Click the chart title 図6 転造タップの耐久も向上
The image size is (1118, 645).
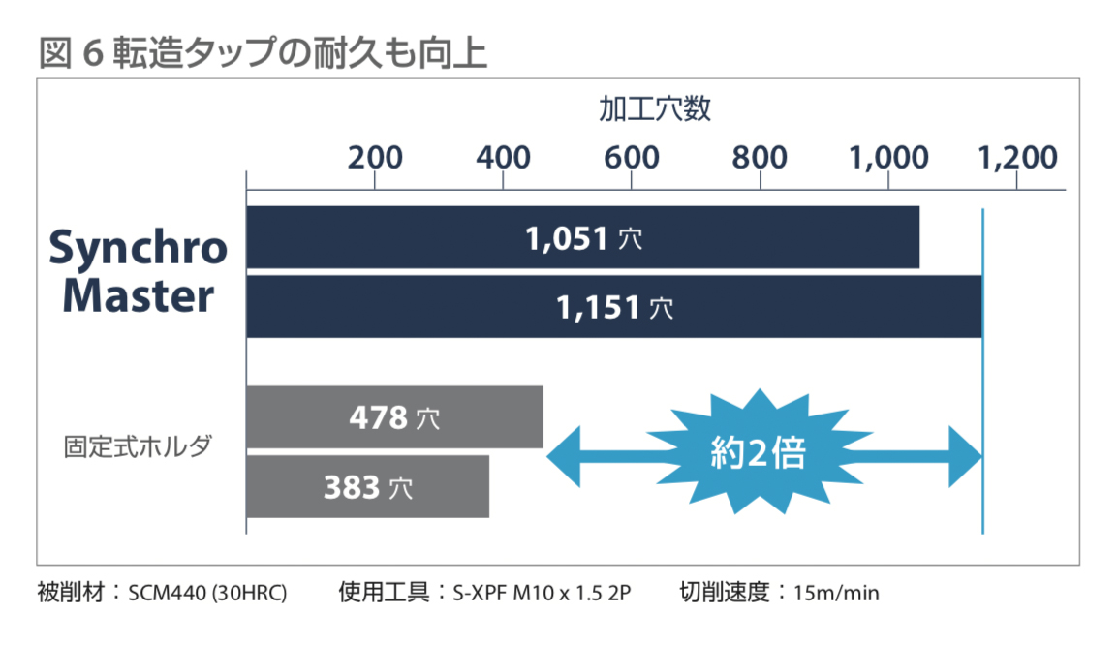[x=263, y=53]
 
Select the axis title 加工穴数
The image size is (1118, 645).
[x=655, y=108]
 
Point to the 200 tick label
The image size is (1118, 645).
[x=375, y=157]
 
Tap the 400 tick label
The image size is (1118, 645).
[x=503, y=157]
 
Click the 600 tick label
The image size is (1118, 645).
[x=631, y=157]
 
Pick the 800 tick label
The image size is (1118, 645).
[x=760, y=157]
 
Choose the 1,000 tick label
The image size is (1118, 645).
[x=888, y=157]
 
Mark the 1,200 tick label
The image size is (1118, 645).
[x=1017, y=157]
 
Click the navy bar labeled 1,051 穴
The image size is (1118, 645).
[x=582, y=237]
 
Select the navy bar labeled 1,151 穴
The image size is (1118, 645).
[x=613, y=307]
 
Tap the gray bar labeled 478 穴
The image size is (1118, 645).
[x=394, y=417]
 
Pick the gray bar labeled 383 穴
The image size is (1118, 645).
[x=367, y=486]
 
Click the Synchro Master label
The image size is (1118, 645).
[x=139, y=272]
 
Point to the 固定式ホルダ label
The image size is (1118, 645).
[x=138, y=447]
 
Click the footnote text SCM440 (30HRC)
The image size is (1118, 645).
[x=207, y=592]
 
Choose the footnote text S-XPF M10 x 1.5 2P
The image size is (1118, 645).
[x=542, y=592]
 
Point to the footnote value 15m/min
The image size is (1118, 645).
[x=836, y=592]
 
